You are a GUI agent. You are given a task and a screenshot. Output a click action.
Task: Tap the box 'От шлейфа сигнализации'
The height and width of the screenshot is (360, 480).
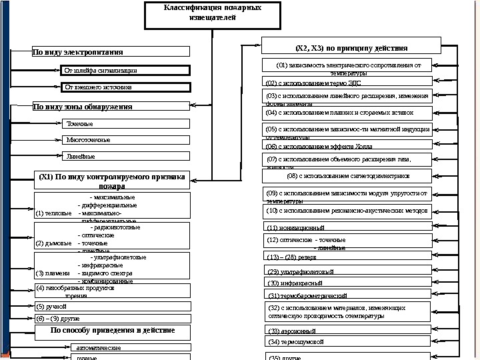[x=126, y=70]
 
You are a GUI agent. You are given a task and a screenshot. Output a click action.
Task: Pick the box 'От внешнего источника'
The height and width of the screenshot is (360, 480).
[x=126, y=87]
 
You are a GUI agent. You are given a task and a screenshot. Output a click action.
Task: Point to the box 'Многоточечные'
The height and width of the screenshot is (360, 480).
[x=126, y=140]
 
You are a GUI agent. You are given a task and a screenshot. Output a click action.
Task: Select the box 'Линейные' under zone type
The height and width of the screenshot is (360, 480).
[x=126, y=157]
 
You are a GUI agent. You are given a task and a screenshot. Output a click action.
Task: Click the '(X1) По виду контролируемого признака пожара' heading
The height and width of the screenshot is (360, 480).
[x=111, y=181]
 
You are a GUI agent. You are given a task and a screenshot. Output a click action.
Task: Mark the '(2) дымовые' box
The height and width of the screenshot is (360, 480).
[x=112, y=236]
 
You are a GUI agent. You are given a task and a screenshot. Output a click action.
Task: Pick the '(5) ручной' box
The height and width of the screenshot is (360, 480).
[x=112, y=307]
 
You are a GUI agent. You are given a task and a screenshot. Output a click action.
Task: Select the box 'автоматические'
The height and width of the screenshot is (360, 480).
[x=130, y=348]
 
